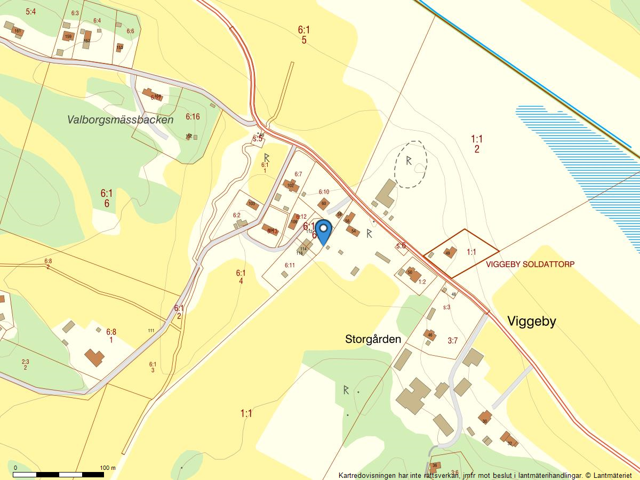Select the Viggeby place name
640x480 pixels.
tap(532, 321)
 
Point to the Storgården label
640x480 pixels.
tap(373, 339)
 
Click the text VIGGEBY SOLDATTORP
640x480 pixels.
tap(530, 264)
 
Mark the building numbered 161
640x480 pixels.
tap(18, 31)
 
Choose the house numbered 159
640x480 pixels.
tap(68, 37)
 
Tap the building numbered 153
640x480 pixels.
tap(119, 47)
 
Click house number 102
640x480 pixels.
tap(291, 186)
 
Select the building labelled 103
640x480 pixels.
tap(252, 204)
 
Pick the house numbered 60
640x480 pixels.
tap(323, 203)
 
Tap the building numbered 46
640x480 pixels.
tap(430, 335)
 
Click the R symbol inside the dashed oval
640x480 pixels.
tap(409, 160)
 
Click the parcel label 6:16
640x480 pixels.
tap(193, 116)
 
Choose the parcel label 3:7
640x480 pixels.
tap(452, 341)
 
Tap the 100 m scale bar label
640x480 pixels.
tap(108, 468)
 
